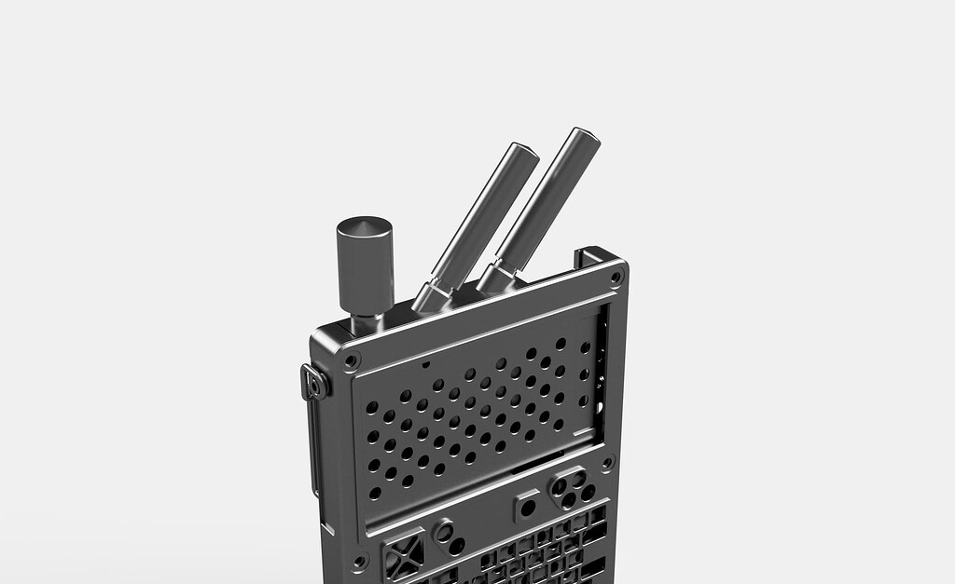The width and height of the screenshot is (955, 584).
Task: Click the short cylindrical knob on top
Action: click(364, 265)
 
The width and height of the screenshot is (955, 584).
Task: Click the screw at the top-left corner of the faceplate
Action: click(351, 360)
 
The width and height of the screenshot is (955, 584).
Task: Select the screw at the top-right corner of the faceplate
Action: click(615, 277)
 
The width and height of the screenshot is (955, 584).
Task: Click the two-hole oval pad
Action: click(450, 537)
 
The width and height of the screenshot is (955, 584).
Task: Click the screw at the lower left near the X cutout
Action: click(359, 563)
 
